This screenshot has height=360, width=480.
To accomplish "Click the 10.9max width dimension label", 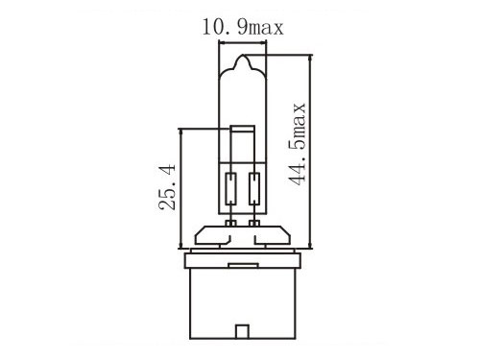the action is tap(243, 27).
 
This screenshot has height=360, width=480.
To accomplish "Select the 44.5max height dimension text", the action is tap(298, 144).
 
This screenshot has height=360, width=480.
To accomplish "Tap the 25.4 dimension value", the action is tap(167, 187).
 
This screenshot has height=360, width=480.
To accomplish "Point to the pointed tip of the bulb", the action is tap(243, 56).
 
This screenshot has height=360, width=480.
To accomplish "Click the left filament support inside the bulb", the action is tap(230, 189).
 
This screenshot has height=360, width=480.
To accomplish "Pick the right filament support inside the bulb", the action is tap(254, 189).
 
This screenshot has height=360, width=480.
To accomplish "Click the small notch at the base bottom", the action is tap(242, 331).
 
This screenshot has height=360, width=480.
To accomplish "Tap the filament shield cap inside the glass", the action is tap(243, 129).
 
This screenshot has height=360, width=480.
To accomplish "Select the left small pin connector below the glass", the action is tap(230, 223).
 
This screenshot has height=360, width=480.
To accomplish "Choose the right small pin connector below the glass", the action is tap(254, 223).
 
